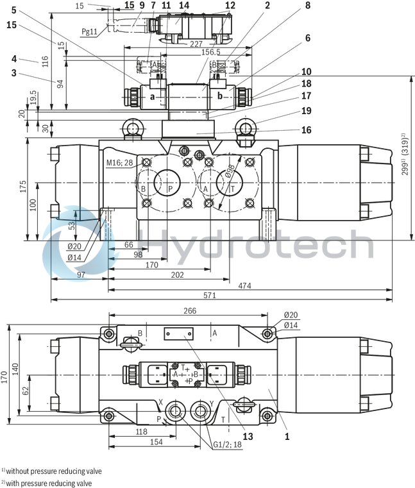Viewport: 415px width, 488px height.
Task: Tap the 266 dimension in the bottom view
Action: [189, 310]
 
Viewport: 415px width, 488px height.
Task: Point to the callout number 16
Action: [306, 130]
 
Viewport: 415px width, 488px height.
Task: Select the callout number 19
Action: [306, 110]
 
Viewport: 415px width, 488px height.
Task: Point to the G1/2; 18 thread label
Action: [225, 444]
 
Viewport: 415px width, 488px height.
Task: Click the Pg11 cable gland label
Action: [90, 31]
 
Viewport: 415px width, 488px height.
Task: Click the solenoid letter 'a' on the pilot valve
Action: [152, 97]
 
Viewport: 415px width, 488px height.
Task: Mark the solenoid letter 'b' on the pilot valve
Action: [220, 97]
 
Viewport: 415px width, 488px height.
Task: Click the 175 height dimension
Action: [22, 187]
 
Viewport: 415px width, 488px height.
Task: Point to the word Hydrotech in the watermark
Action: [257, 246]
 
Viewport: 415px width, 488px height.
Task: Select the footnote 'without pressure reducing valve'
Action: [53, 471]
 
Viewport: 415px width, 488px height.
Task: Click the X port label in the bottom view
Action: [160, 403]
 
